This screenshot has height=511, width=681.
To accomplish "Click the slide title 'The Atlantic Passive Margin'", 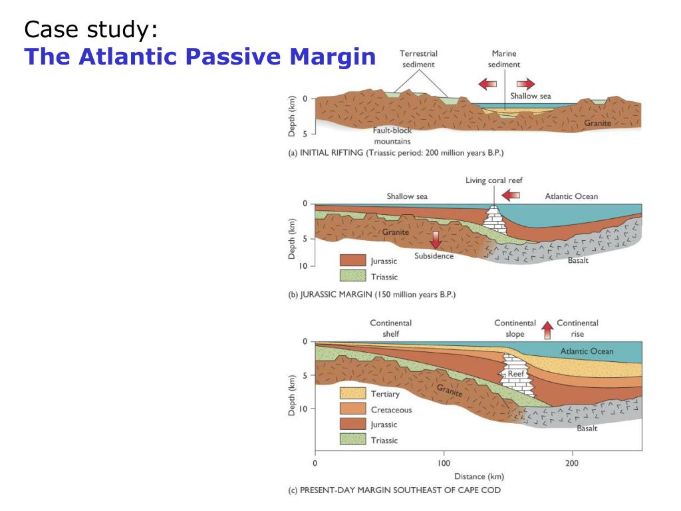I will [200, 57].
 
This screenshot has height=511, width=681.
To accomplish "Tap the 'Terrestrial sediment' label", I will [418, 59].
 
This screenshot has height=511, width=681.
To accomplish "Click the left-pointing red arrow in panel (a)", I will [487, 84].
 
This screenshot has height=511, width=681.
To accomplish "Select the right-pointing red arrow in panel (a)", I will [525, 84].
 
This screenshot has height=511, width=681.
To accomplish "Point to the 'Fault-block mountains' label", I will [392, 136].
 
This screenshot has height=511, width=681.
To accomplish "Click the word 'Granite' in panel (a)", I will [597, 124].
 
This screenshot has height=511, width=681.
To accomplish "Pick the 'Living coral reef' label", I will [494, 181].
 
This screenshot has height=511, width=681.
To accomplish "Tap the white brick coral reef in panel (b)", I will [493, 220].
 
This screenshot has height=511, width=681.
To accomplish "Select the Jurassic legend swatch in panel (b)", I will [352, 261].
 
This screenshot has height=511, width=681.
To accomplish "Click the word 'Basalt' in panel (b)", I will [578, 260].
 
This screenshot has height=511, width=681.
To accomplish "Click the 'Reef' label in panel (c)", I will [516, 374].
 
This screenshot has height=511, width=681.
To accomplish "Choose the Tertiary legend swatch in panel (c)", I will [352, 394].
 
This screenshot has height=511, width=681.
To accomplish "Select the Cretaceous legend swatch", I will [352, 409].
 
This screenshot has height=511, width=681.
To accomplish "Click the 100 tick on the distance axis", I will [444, 462].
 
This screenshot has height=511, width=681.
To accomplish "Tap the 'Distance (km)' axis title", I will [479, 476].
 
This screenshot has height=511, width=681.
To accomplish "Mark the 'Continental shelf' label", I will [390, 328].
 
